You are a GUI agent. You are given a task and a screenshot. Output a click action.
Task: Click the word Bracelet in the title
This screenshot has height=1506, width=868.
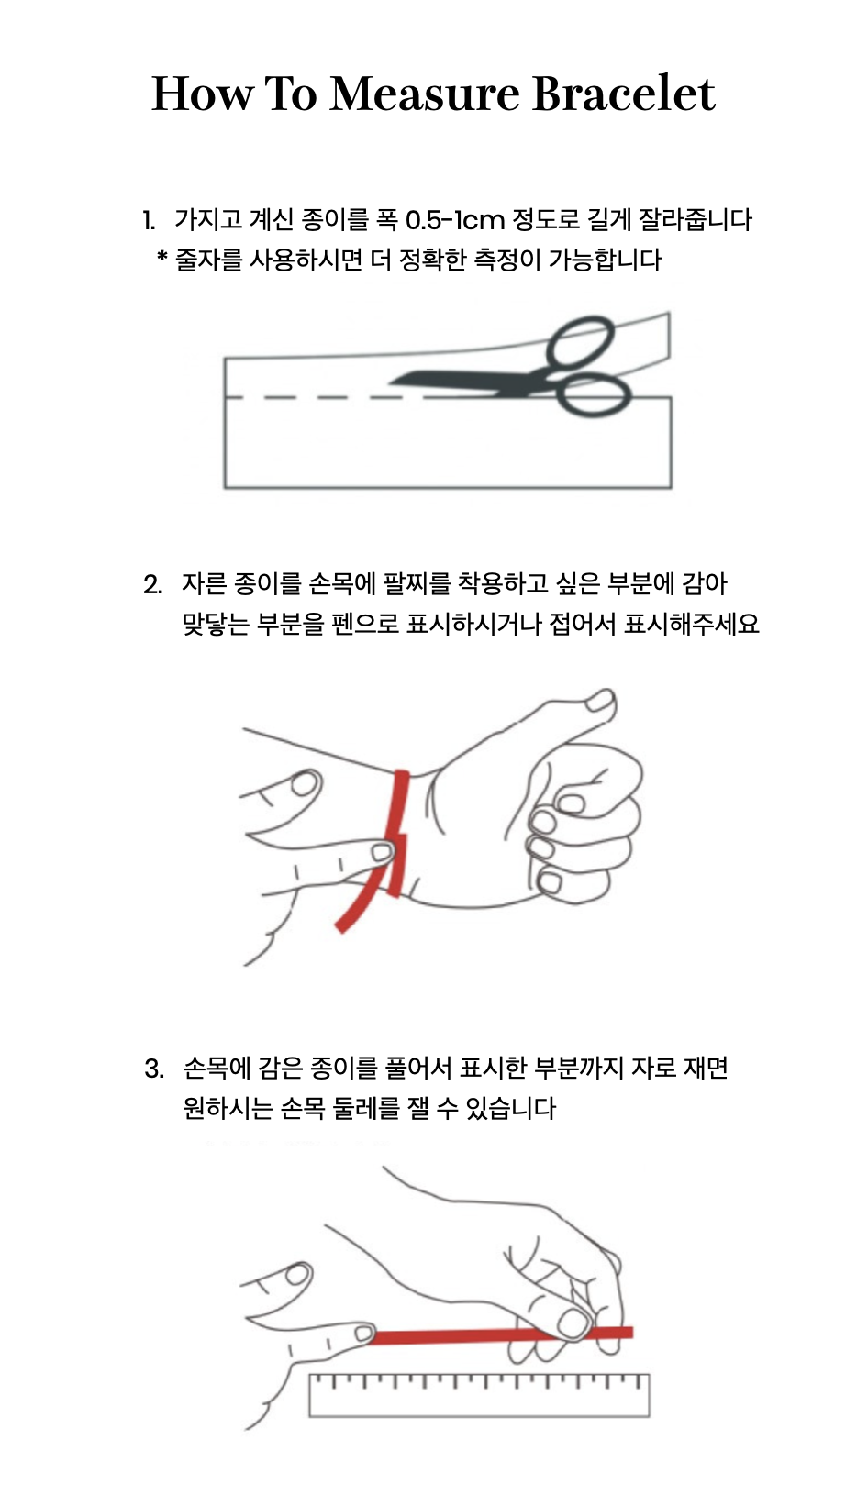624,94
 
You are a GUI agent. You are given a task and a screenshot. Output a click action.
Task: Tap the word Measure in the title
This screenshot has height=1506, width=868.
424,94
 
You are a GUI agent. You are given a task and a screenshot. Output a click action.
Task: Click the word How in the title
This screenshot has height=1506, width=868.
203,94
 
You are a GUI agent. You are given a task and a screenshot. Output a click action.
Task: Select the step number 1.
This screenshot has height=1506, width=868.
149,220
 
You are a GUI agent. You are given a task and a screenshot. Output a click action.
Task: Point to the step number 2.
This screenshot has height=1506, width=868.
152,584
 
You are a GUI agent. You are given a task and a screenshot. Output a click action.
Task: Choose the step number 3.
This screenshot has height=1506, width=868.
154,1069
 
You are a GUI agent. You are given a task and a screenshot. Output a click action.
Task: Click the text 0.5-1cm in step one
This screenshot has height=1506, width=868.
454,220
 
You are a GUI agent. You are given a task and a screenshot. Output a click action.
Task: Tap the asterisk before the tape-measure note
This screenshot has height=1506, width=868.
162,256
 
